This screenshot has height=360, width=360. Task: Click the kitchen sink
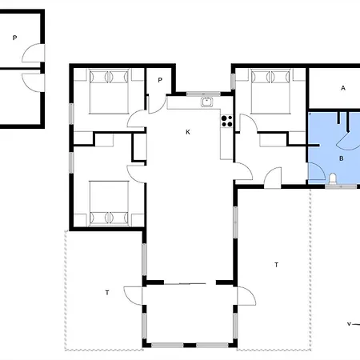206,102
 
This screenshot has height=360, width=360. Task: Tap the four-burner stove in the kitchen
226,121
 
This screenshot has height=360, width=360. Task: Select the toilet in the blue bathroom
333,178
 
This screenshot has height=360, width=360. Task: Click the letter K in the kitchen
188,132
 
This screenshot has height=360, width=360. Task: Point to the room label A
343,88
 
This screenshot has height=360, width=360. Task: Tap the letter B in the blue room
342,158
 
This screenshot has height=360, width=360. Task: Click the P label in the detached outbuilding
15,38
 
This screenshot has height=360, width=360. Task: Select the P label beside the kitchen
160,80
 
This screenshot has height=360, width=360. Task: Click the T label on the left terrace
107,293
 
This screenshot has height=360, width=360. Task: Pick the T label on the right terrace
276,265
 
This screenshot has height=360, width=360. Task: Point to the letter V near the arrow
349,324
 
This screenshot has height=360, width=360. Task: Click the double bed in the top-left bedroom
109,91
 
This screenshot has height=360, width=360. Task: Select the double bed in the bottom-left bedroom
109,203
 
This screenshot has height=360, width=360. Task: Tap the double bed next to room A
270,91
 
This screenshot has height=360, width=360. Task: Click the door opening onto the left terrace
133,295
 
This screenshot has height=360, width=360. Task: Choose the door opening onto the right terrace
246,296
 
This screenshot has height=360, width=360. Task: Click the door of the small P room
157,105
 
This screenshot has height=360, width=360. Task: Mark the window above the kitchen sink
203,94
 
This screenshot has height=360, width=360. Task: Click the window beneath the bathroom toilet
341,187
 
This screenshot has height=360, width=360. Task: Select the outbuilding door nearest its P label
33,53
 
